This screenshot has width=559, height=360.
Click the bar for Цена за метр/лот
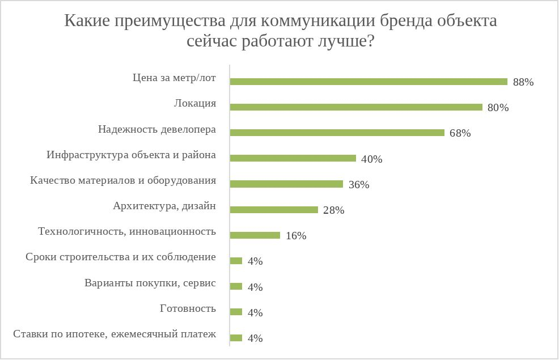(369, 82)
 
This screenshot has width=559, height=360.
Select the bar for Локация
(356, 107)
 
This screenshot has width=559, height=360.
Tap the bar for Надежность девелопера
(337, 133)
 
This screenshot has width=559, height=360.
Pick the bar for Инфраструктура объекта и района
(293, 159)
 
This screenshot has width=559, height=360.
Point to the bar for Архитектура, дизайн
(274, 210)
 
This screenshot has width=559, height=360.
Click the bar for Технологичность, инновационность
(255, 235)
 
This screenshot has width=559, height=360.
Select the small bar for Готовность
(236, 312)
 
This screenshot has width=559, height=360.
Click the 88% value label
(523, 82)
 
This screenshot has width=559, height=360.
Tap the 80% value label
(498, 108)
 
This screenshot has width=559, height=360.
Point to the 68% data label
(460, 134)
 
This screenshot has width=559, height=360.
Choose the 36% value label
(359, 185)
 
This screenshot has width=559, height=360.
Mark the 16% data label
(296, 236)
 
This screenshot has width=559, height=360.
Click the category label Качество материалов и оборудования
(123, 181)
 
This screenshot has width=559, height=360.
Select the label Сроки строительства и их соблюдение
(121, 257)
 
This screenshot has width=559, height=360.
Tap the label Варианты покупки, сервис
(150, 283)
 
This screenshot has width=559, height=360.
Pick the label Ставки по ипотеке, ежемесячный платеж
(115, 334)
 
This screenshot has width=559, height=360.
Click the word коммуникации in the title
(315, 22)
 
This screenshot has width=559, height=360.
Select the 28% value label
(334, 210)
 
